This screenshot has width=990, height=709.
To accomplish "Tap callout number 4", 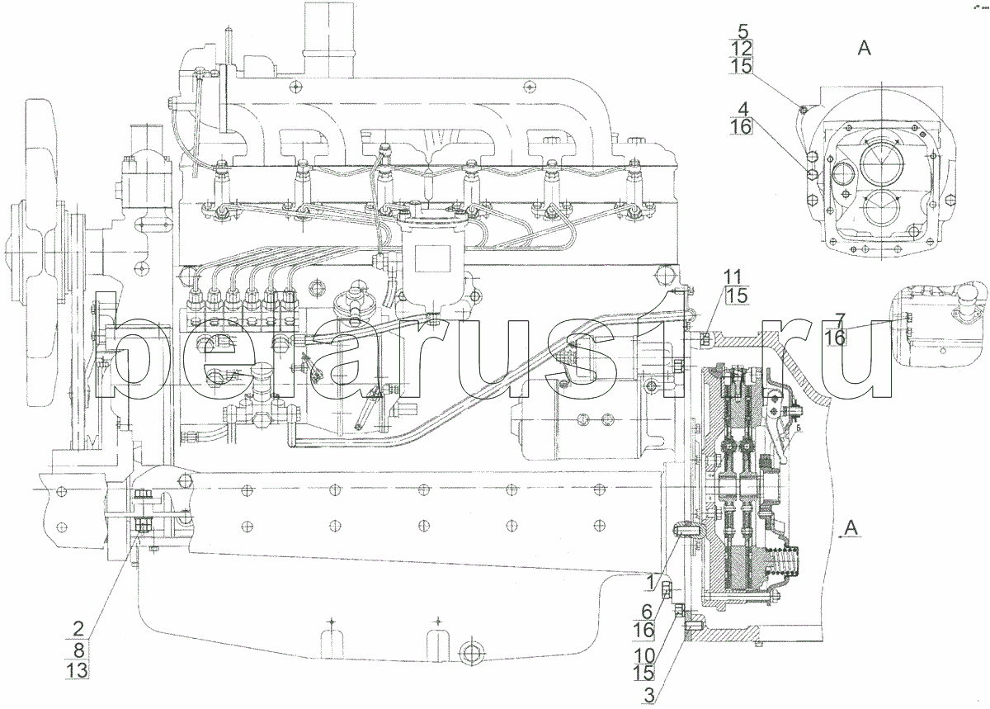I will pos(742,108).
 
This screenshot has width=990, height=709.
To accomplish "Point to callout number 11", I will pos(734,277).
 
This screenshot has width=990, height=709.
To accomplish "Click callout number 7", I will pos(839,319).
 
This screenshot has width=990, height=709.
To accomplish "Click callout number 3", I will pos(650,694).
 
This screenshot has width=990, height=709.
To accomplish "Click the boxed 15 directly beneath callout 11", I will pos(737,295).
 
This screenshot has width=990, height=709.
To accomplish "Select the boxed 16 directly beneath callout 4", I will pos(742,126).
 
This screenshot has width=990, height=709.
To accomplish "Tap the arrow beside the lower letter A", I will pos(841,536).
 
